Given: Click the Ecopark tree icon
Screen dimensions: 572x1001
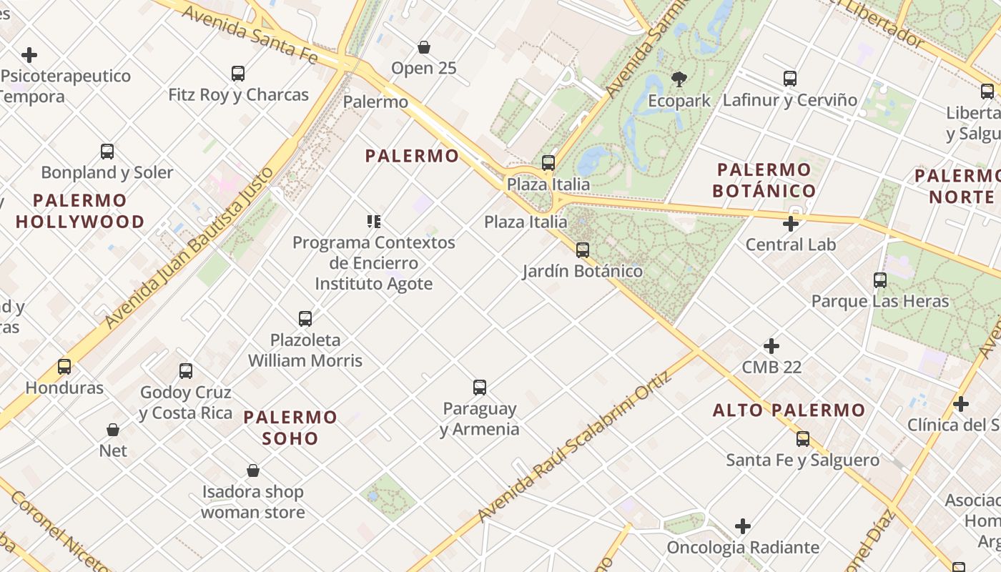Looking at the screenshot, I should [x=679, y=79].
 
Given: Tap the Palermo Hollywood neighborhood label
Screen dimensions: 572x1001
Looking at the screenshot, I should [x=80, y=211].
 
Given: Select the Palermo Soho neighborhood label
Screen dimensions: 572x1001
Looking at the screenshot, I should [x=290, y=427].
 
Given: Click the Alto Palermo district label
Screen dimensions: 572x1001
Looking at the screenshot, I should [x=789, y=410].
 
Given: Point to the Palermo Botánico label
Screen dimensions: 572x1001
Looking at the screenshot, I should [x=764, y=180].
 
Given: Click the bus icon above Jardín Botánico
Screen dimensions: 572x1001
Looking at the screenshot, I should [x=583, y=250].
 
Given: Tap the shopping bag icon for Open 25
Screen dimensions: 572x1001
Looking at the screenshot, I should [x=424, y=47].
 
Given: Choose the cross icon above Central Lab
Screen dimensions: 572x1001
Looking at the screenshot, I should [x=790, y=224].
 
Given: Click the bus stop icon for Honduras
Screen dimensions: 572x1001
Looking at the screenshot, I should [x=64, y=367].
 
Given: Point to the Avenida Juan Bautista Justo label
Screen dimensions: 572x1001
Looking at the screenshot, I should [x=189, y=247].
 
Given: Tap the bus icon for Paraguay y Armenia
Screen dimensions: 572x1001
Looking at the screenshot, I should [x=480, y=388].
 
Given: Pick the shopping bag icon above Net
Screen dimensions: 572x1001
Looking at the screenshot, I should [x=113, y=430].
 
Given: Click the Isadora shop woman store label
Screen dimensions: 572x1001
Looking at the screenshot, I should [x=253, y=502].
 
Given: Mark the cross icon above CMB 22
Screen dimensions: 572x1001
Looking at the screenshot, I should [x=771, y=346].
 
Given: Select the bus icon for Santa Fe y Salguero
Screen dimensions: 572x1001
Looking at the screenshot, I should [x=803, y=439].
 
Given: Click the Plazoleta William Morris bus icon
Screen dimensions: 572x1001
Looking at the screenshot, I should [x=305, y=318].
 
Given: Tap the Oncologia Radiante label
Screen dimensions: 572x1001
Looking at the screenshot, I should [x=743, y=547].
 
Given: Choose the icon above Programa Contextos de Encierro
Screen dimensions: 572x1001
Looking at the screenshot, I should [x=374, y=222].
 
